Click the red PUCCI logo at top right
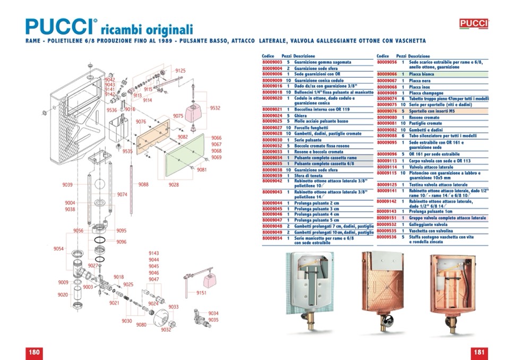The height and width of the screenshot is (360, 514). point(473,23)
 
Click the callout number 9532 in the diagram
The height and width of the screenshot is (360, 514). point(215,108)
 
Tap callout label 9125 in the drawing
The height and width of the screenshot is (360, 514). point(181,71)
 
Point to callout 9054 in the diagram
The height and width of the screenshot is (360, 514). point(58,248)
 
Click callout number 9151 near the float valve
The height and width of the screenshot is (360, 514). point(201,293)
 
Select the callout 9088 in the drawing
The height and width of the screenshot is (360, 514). point(143,184)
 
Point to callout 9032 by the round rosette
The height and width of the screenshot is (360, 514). point(166,330)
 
